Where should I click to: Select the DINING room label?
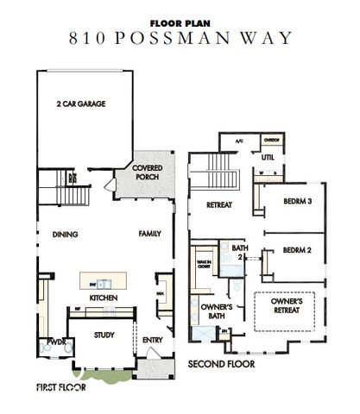65,234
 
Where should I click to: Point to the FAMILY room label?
151,234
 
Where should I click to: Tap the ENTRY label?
152,340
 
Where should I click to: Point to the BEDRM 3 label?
296,201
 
